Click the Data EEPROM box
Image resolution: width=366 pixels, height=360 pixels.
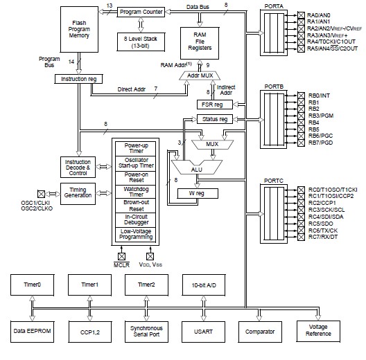tap(31, 332)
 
